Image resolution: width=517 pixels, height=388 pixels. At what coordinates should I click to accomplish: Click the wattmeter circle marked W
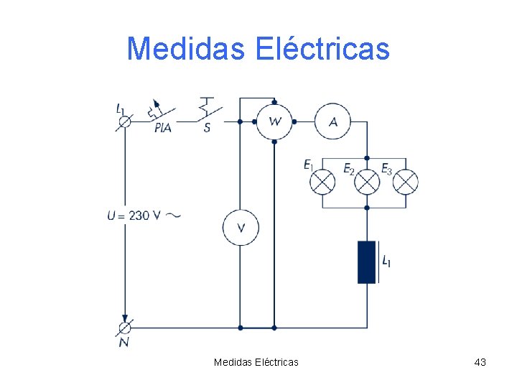click(x=274, y=121)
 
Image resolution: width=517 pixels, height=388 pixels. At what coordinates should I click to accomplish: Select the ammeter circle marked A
click(x=332, y=121)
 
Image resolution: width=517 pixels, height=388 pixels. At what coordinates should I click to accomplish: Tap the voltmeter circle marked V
click(x=241, y=228)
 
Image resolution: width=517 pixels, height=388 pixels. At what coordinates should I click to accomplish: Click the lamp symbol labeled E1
click(x=322, y=183)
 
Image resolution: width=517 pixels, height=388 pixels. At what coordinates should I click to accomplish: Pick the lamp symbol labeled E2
click(x=367, y=183)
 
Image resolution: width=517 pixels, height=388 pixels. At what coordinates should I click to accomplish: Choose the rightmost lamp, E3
click(x=406, y=183)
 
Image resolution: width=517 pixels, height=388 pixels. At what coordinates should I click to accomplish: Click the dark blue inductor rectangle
click(x=367, y=262)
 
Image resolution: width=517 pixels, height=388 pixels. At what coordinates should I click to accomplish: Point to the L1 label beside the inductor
click(x=386, y=261)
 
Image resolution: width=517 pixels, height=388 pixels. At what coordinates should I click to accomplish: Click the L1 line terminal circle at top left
click(x=125, y=121)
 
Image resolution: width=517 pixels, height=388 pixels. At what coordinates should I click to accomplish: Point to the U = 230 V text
click(x=134, y=215)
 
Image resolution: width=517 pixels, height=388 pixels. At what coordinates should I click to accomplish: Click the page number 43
click(x=480, y=362)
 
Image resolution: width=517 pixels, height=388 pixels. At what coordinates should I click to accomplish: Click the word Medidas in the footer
click(x=233, y=362)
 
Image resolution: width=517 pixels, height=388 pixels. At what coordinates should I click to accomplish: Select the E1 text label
click(x=309, y=166)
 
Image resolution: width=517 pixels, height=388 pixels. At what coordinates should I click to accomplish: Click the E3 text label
click(x=386, y=169)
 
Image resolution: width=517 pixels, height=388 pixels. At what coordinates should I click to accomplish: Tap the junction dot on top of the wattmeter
click(x=274, y=102)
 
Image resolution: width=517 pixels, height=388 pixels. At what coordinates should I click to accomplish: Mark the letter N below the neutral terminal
click(x=124, y=343)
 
